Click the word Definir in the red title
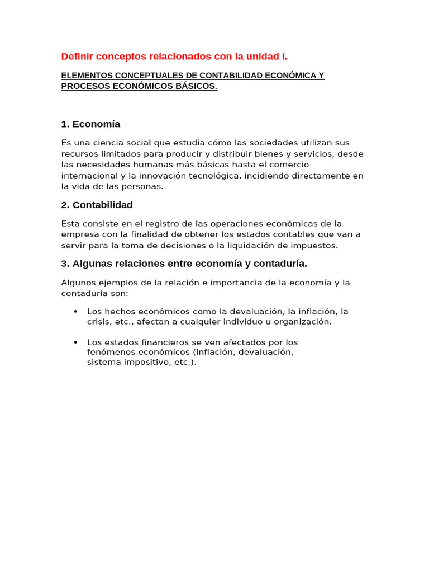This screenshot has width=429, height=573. (x=77, y=57)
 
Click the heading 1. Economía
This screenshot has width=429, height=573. (x=90, y=124)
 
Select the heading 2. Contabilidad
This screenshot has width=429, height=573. (x=97, y=205)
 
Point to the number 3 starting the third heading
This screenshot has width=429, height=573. (x=64, y=264)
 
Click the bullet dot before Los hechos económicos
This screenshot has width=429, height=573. (x=75, y=312)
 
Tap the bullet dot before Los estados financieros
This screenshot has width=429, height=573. (x=75, y=342)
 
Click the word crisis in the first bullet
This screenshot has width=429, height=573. (x=98, y=322)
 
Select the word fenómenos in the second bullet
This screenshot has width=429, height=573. (x=110, y=353)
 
